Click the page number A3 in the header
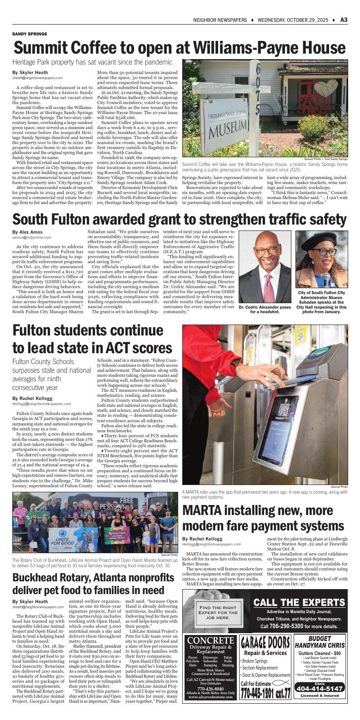tap(344, 20)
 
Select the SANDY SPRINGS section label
tap(29, 34)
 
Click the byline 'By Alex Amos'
tap(29, 232)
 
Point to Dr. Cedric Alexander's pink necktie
tap(271, 282)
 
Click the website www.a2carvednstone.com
tap(210, 696)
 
